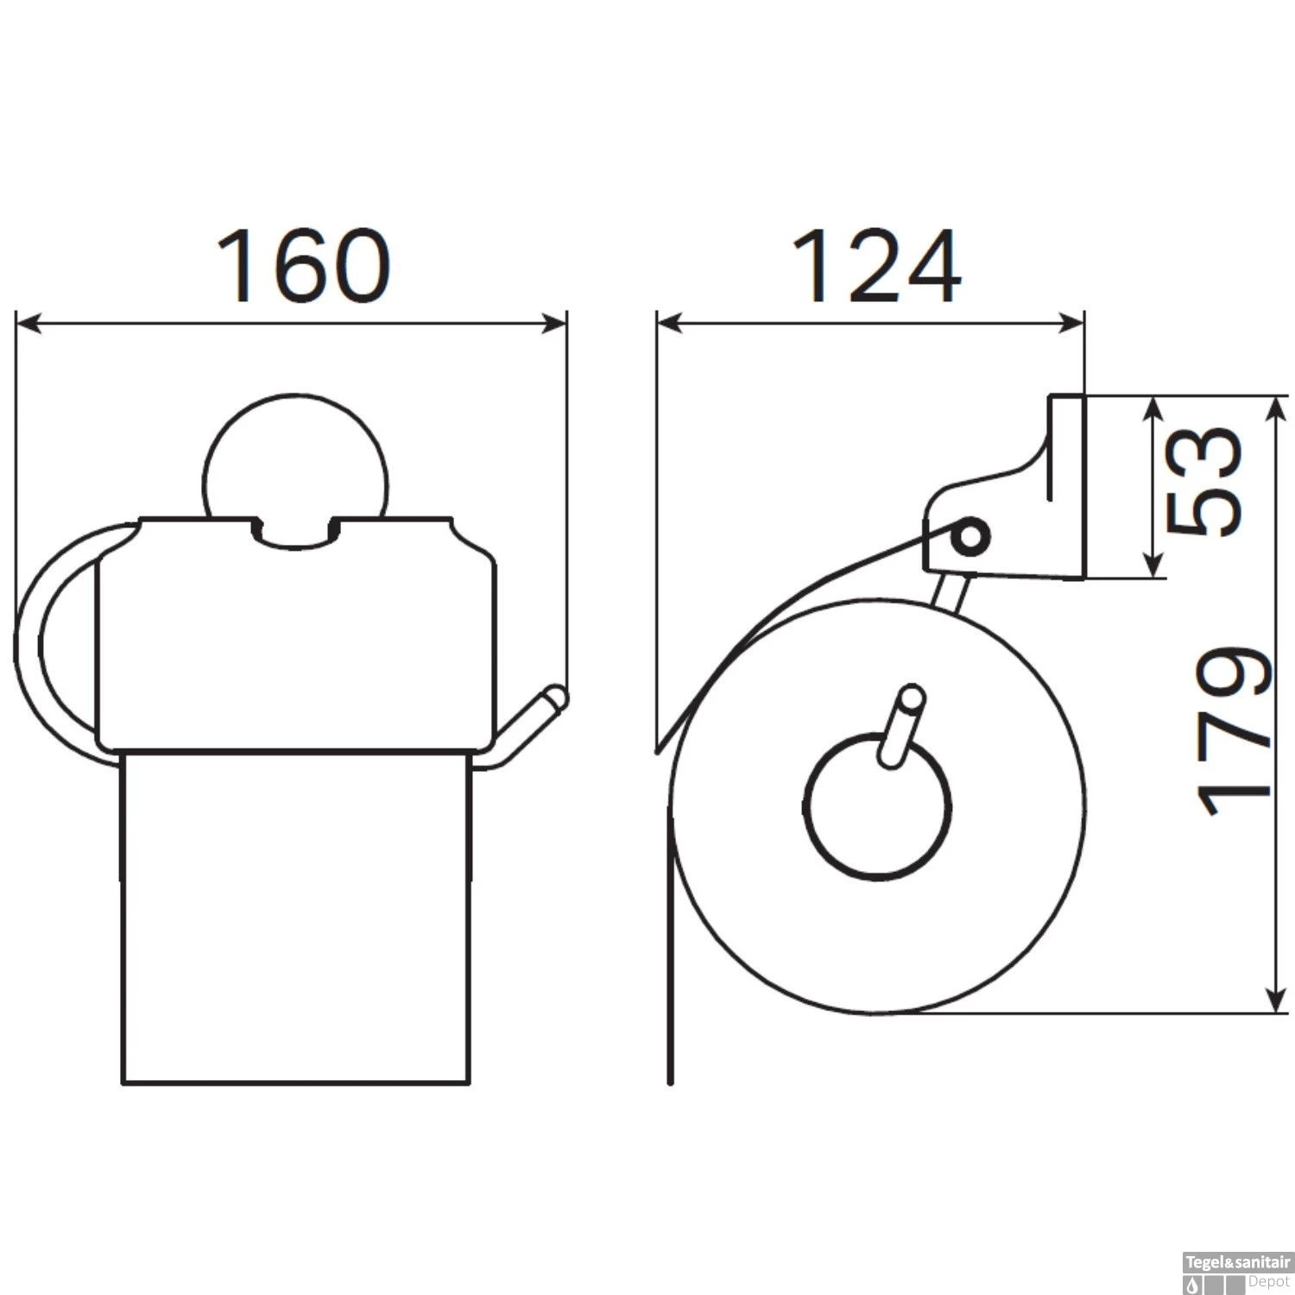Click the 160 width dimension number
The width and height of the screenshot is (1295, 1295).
click(303, 267)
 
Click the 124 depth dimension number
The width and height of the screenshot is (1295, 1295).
click(876, 267)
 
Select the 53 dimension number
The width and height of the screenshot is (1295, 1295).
click(1203, 483)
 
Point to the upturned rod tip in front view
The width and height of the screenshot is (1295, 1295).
click(553, 698)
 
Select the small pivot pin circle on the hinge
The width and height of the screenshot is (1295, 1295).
click(970, 537)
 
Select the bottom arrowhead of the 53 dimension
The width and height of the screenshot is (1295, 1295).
click(1153, 565)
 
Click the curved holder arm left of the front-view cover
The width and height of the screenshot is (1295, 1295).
click(35, 639)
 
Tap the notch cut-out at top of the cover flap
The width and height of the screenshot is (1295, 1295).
click(295, 535)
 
